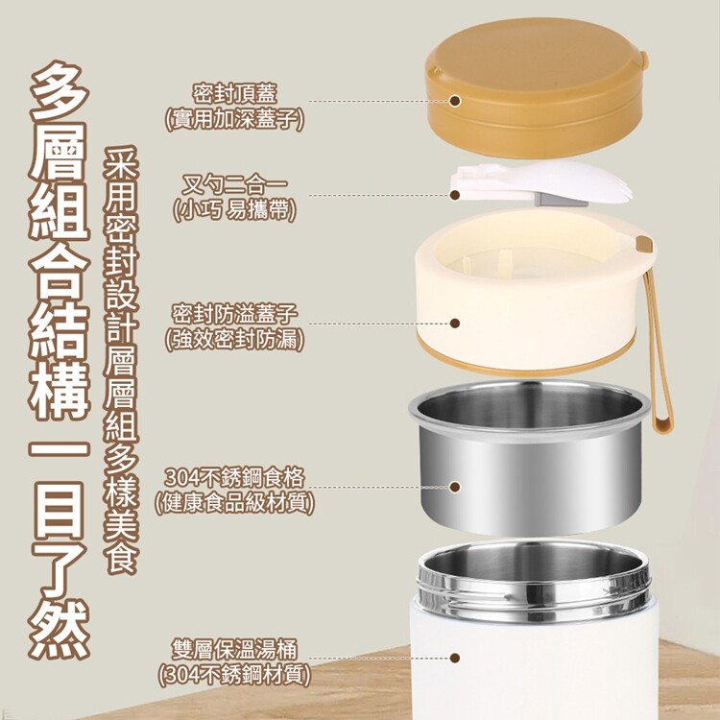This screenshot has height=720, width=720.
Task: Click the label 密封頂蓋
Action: [x=234, y=94]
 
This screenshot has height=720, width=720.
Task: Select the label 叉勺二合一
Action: [x=234, y=184]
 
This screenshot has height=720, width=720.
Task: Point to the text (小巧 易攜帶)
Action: [x=234, y=210]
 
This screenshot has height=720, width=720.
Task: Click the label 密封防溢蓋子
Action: [x=234, y=315]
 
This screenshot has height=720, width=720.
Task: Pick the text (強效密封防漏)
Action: [x=234, y=340]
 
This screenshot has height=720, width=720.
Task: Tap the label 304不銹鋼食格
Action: [x=234, y=477]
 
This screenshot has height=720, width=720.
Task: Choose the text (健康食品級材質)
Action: [x=234, y=503]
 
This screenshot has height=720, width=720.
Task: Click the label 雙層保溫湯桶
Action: [x=234, y=649]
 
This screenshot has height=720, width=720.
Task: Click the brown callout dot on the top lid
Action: [x=455, y=101]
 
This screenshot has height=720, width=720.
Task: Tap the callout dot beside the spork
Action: [x=455, y=195]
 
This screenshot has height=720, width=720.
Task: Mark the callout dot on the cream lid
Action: [x=455, y=324]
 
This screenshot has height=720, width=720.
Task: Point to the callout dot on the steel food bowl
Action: [x=455, y=487]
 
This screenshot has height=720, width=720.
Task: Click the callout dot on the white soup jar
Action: [x=455, y=658]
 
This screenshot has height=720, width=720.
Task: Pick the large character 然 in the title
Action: [x=59, y=629]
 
